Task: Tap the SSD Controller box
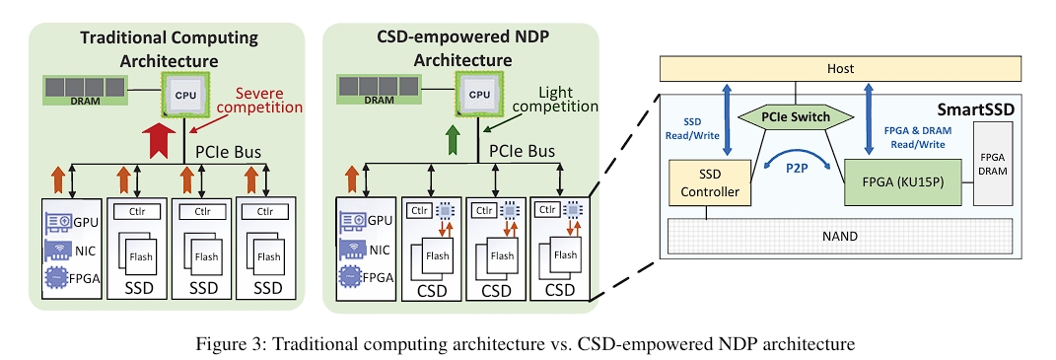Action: click(711, 183)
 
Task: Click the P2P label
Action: click(797, 169)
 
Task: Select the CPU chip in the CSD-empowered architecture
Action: click(479, 94)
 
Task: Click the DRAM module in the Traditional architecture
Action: click(87, 90)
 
